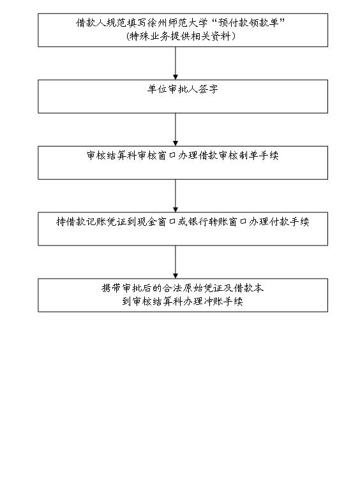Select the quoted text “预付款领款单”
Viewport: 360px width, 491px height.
tap(248, 23)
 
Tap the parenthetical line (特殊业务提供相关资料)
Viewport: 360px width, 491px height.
tap(181, 36)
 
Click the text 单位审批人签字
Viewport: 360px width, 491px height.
tap(183, 89)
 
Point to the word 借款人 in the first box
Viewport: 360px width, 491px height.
tap(91, 23)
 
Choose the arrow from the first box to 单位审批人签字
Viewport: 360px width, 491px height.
tap(176, 63)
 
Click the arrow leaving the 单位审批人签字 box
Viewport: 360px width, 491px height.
tap(176, 129)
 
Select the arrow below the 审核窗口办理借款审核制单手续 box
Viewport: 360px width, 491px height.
tap(176, 196)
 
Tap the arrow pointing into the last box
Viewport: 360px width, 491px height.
tap(176, 262)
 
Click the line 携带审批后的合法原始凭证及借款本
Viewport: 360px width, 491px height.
tap(183, 288)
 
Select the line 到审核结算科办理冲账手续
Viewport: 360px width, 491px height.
tap(183, 302)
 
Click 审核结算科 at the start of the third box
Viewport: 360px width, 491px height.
tap(112, 156)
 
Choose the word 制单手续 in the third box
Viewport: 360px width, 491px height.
tap(259, 156)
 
